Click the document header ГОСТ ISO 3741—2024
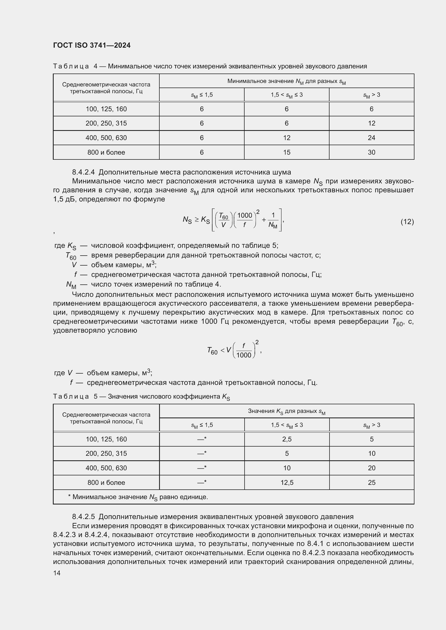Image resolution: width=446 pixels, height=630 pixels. coord(92,45)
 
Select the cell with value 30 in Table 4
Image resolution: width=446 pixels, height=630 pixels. coord(371,152)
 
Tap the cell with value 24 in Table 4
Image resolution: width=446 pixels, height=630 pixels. coord(371,138)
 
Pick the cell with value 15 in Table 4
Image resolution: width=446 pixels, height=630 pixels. coord(286,152)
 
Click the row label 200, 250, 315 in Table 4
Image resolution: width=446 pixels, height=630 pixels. coord(106,123)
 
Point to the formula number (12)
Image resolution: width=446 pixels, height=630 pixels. coord(407,221)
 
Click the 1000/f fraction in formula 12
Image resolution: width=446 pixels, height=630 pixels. coord(244,220)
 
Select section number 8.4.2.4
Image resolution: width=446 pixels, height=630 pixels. coord(83,172)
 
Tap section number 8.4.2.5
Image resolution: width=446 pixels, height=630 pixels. coord(83,517)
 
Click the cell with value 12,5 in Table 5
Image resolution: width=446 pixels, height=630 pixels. coord(287,482)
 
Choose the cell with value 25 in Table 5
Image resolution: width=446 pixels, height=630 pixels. coord(371,482)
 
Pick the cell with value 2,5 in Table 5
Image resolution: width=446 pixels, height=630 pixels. coord(287,439)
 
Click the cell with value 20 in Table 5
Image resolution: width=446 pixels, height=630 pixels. coord(371,468)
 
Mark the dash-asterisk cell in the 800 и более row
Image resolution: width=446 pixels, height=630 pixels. coord(202,482)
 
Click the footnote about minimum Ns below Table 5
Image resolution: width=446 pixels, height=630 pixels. coord(138,497)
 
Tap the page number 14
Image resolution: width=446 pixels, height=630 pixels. coord(57,573)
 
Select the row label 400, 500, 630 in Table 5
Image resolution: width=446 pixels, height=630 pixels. coord(106,468)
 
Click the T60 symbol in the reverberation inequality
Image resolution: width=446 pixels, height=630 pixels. coord(212,351)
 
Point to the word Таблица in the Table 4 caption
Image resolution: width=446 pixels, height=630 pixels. coord(71,67)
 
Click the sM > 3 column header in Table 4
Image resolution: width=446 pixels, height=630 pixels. coord(371,95)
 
